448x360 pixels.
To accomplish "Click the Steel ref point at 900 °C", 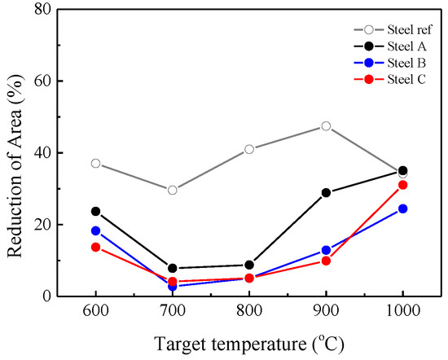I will coord(326,126).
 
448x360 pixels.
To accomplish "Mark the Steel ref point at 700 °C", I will coord(173,190).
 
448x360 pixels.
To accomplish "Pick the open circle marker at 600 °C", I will coord(96,164).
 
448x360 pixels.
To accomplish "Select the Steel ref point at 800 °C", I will coord(249,149).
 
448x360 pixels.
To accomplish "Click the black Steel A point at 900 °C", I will coord(326,193).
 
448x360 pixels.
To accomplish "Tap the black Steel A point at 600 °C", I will coord(96,211).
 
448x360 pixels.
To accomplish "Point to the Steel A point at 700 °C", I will coord(173,268).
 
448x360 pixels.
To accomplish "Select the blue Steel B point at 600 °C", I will coord(96,230).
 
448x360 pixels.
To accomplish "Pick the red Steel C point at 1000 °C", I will coord(402,185).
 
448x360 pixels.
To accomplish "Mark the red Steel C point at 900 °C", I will coord(326,261).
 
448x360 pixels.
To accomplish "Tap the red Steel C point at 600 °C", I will coord(96,247).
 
